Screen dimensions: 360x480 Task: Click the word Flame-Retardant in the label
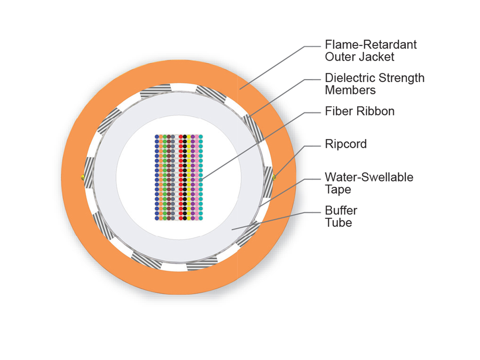[370, 44]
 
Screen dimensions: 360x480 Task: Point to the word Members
[350, 90]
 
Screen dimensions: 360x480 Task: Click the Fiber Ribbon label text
[360, 111]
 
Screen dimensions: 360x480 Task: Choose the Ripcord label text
[346, 144]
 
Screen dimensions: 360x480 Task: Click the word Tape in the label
[338, 189]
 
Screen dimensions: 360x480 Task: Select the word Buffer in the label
[341, 210]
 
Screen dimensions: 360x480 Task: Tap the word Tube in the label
[338, 222]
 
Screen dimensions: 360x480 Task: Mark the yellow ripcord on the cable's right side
[274, 177]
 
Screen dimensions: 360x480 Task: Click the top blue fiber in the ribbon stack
[157, 137]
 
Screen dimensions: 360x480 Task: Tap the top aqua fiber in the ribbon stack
[201, 137]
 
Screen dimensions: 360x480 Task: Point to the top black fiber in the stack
[185, 137]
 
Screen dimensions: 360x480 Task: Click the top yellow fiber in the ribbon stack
[189, 137]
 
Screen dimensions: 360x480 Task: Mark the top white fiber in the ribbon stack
[177, 137]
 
